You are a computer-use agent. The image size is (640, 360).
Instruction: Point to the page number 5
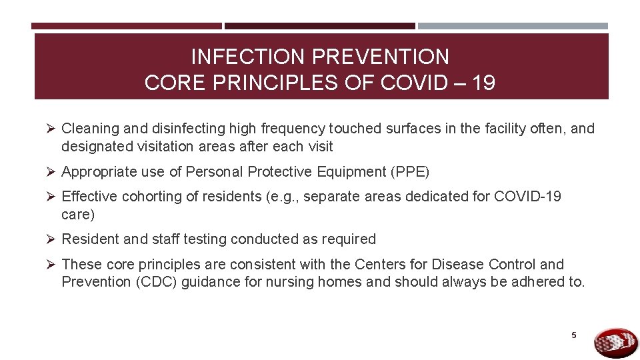click(573, 335)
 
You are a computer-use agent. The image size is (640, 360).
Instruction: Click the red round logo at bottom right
click(615, 343)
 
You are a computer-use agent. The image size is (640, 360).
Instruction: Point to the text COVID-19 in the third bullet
click(526, 197)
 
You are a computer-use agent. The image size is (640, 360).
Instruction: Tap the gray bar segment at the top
click(513, 26)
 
